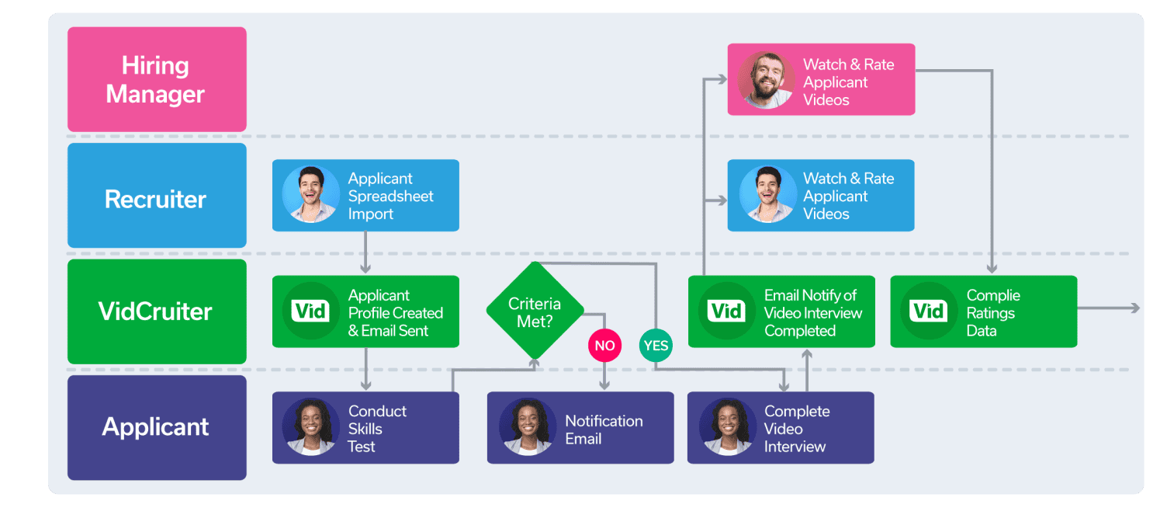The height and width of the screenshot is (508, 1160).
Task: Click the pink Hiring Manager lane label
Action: point(157,79)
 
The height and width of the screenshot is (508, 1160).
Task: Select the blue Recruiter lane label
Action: point(157,199)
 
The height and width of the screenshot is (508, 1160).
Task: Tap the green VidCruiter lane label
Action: point(157,311)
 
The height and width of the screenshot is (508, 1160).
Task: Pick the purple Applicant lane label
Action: point(157,427)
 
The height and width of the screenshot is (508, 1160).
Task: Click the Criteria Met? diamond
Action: point(534,311)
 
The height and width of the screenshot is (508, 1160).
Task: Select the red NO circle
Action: point(604,346)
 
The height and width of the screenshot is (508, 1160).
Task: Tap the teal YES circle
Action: point(656,346)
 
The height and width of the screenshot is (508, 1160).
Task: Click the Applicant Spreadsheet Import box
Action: point(365,196)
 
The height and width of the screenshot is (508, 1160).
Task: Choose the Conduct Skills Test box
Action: point(365,428)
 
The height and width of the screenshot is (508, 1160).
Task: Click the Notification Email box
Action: point(580,428)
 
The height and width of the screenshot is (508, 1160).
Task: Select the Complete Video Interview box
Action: point(781,428)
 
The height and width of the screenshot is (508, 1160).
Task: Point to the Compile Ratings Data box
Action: point(983,311)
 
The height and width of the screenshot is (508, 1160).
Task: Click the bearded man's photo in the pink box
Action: point(767,80)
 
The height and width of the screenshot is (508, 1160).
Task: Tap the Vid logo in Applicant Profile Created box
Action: point(310,311)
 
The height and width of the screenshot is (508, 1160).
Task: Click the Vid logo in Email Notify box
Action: point(727,311)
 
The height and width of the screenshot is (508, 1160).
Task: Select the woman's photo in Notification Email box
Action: point(528,428)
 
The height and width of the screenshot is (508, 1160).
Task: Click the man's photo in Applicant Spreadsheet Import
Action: point(310,195)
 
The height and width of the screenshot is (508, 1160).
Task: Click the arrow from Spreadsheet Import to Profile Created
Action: point(365,253)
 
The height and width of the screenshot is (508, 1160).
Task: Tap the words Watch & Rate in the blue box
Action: point(848,179)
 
